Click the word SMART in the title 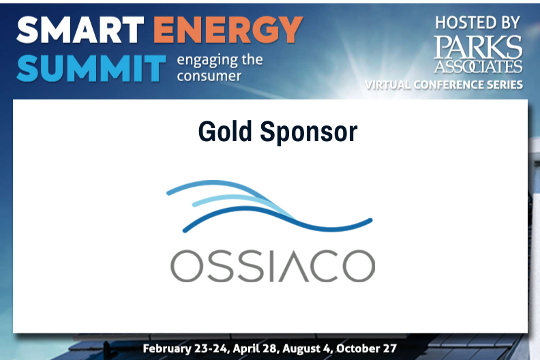pos(80,30)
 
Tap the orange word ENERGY pos(228,30)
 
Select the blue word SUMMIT pos(91,68)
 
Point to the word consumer pos(209,76)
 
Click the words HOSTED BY pos(477,23)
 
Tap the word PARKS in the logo pos(478,47)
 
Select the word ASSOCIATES pos(478,66)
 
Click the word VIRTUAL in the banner pos(387,85)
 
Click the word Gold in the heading pos(225,132)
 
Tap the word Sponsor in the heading pos(309,132)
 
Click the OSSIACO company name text pos(273,266)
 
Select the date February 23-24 pos(185,348)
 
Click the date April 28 pos(255,348)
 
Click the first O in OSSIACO pos(187,266)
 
